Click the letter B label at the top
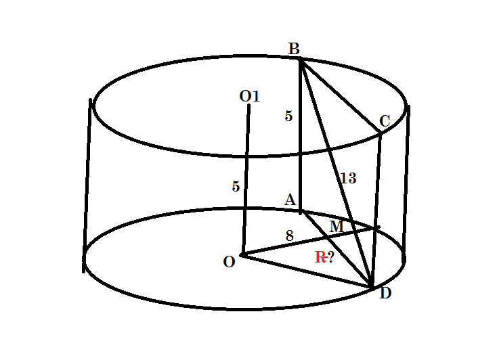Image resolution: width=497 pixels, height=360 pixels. click(294, 49)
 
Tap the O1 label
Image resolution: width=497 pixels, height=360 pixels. click(249, 97)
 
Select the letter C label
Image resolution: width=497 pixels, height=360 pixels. click(385, 121)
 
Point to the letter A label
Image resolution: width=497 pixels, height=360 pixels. click(290, 200)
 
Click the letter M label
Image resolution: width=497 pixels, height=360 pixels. click(335, 226)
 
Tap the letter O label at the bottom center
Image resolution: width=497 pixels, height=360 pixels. click(229, 262)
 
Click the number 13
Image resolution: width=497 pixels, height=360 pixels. click(348, 179)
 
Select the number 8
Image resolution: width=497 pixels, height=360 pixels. click(289, 236)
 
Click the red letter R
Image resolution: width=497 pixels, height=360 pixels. click(320, 257)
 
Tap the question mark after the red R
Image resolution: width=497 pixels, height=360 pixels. click(331, 257)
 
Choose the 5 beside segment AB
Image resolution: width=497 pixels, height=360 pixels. click(288, 116)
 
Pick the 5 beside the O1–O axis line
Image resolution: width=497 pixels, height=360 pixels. click(236, 187)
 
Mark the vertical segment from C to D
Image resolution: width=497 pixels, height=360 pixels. click(376, 203)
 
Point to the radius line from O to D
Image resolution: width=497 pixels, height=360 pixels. click(305, 271)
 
